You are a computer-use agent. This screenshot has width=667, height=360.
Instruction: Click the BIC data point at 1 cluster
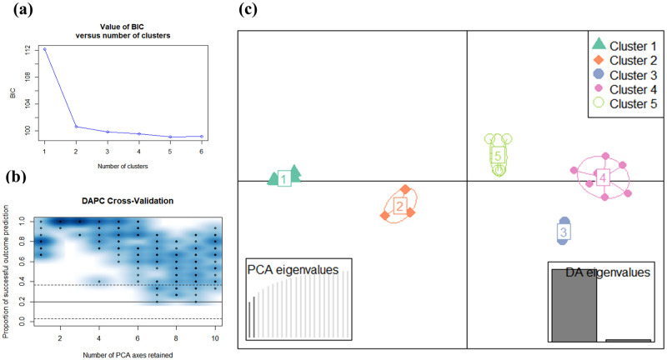point(45,49)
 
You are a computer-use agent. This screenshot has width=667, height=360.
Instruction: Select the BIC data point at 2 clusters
point(76,127)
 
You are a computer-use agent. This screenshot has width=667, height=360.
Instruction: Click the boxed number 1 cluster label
point(284,178)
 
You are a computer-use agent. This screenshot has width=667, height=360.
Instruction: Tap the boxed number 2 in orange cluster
point(399,206)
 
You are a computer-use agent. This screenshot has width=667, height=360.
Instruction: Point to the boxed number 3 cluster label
point(563,232)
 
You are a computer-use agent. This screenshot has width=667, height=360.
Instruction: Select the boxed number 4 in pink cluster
point(602,177)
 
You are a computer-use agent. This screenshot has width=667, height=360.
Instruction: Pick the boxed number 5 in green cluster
point(498,156)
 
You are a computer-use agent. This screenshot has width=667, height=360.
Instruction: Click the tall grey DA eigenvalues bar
point(574,305)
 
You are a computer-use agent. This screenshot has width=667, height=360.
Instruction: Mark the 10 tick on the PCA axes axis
point(215,340)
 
